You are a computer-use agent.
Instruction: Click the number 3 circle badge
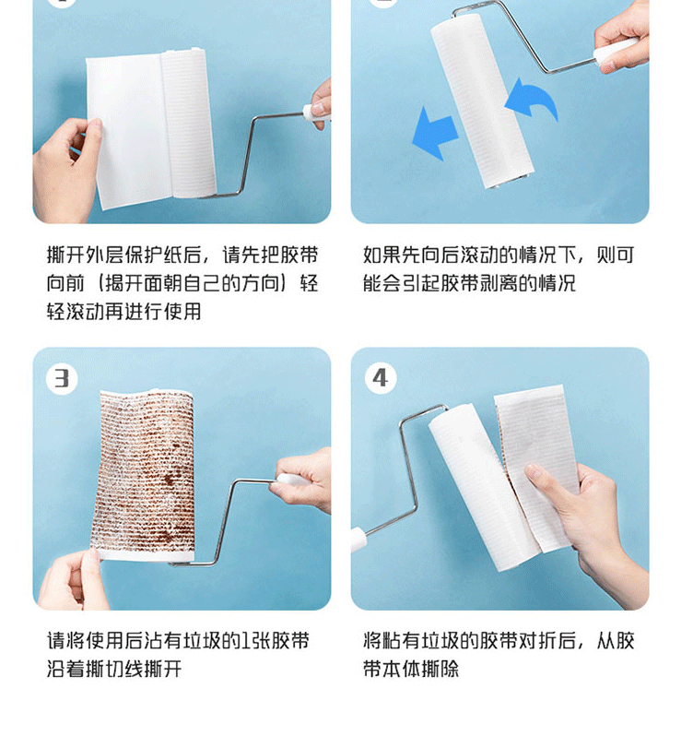(62, 378)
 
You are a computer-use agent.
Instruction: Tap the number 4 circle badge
(381, 378)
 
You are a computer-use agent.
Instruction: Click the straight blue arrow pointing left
(434, 134)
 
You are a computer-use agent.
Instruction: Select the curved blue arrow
(533, 100)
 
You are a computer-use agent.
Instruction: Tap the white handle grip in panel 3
(291, 480)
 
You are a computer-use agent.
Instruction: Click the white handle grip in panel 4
(358, 540)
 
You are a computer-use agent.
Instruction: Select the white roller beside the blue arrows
(482, 101)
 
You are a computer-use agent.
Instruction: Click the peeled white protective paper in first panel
(129, 130)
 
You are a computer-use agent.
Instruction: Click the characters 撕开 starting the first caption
(65, 255)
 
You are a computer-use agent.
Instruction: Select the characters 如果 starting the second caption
(382, 255)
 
